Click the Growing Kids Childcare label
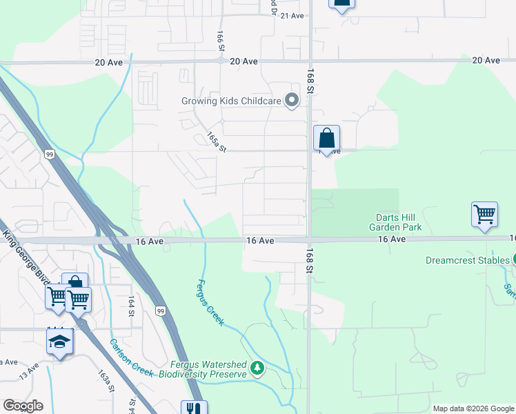(x=231, y=101)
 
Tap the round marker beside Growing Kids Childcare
(x=292, y=101)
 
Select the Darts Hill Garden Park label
(x=394, y=222)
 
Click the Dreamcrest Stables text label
(x=467, y=261)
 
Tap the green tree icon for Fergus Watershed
(x=257, y=367)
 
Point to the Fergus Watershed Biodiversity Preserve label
(x=203, y=369)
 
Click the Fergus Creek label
(x=210, y=302)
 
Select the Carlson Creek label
(x=130, y=357)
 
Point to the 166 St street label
(x=221, y=41)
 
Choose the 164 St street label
(x=130, y=306)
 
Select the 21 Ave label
(x=292, y=15)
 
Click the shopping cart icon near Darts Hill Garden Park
(x=484, y=215)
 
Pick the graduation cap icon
(x=59, y=342)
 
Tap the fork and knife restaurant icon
(x=193, y=408)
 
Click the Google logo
(x=23, y=406)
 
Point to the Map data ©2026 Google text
(x=473, y=408)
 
